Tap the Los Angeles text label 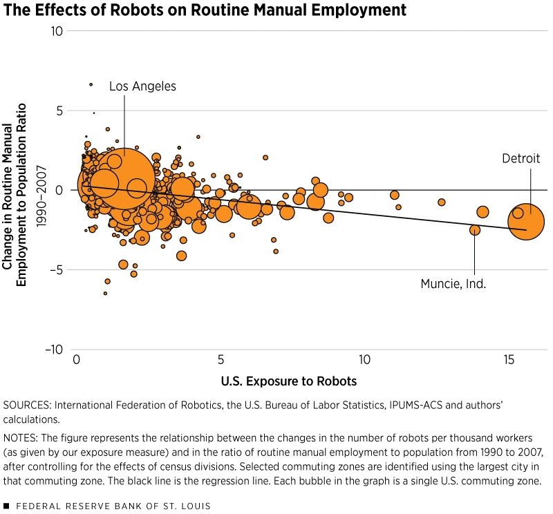coord(142,86)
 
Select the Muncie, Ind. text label coord(453,283)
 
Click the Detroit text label coord(521,158)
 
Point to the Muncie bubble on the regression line coord(475,230)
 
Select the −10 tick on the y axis coord(54,350)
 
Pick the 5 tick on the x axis coord(221,360)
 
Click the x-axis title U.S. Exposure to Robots coord(289,381)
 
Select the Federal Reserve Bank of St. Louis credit coord(111,506)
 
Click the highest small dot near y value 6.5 coord(91,84)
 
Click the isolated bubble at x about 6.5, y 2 coord(265,158)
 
